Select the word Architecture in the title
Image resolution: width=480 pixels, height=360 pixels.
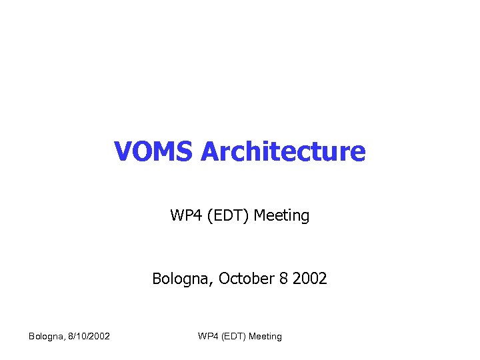click(x=283, y=152)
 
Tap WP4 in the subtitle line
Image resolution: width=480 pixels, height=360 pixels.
click(x=184, y=215)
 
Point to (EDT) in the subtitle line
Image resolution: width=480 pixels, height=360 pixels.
click(x=225, y=215)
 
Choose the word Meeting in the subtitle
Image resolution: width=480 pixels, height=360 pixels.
click(x=282, y=215)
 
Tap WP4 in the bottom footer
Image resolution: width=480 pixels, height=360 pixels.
click(x=207, y=336)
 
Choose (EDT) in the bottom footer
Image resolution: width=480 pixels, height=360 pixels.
click(x=233, y=336)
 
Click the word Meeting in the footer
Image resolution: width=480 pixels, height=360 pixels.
click(x=265, y=336)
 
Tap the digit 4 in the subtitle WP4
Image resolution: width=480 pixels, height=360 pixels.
click(x=193, y=215)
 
